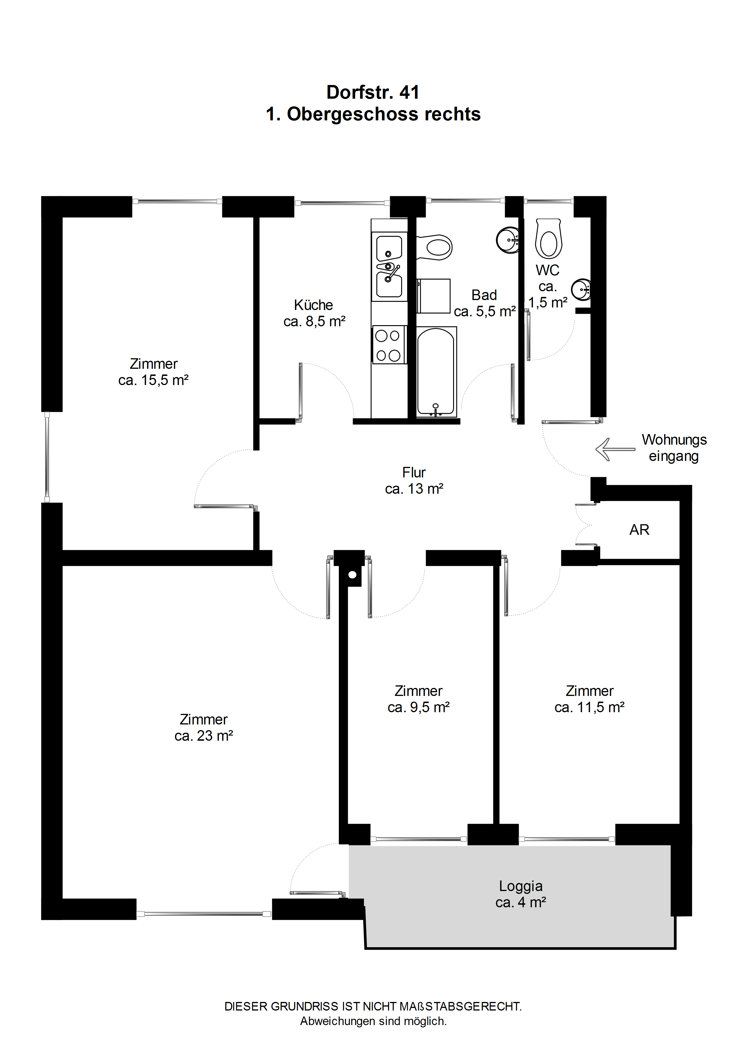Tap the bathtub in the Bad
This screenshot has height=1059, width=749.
(x=436, y=372)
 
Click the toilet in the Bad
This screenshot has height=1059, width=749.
(x=434, y=247)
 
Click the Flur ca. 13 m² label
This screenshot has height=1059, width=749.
(x=414, y=480)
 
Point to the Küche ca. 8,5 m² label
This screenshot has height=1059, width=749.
(x=314, y=313)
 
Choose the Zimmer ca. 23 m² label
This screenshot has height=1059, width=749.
(x=203, y=727)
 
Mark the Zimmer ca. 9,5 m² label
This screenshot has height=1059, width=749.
(x=419, y=699)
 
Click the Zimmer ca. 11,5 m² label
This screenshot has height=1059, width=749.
(x=589, y=699)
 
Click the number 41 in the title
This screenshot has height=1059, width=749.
(x=409, y=92)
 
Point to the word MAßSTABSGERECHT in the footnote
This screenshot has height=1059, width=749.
(x=460, y=1007)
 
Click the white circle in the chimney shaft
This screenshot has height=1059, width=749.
(x=353, y=575)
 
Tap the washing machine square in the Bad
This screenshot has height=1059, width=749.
(x=433, y=296)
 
